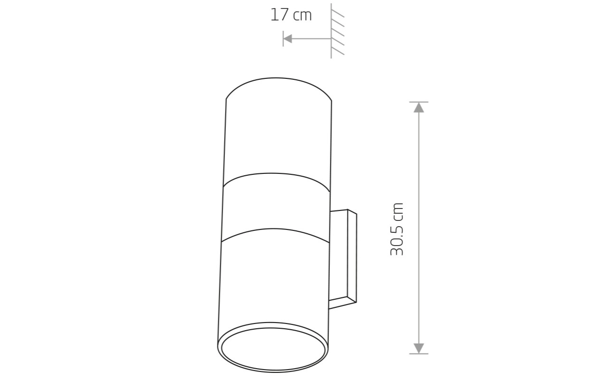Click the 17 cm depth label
[x=291, y=15]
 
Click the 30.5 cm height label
[x=396, y=229]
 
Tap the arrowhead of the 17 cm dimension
[x=288, y=38]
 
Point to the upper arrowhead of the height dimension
[x=419, y=108]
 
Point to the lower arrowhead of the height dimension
[x=419, y=348]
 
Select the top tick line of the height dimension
[x=419, y=102]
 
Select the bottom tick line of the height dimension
[x=419, y=353]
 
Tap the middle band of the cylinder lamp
[x=276, y=208]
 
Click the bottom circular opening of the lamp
[x=273, y=350]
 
